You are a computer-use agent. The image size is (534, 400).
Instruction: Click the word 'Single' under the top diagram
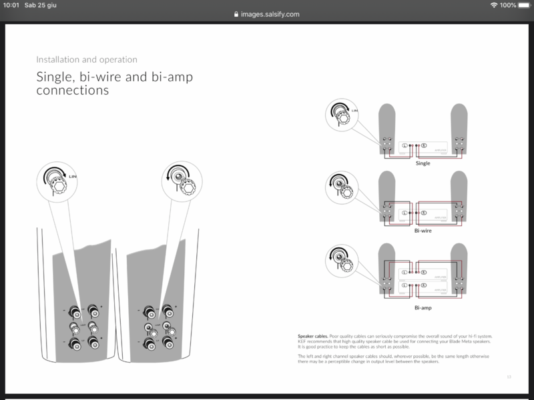(423, 163)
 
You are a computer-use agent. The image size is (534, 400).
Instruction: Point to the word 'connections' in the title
(71, 90)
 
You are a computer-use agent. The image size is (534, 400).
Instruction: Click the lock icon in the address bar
(234, 13)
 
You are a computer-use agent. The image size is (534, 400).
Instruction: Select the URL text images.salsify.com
(269, 13)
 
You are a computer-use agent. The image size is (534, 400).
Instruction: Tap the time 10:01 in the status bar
(11, 5)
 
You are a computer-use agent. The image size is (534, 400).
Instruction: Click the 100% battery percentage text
(507, 5)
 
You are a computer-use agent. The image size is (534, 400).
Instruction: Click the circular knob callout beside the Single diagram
(341, 116)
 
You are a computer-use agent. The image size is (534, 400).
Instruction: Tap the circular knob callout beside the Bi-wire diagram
(341, 189)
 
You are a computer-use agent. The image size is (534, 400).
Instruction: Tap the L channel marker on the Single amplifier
(405, 146)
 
